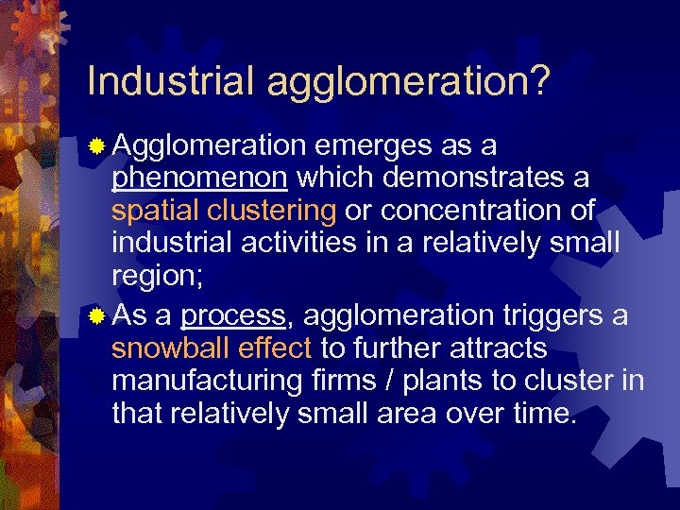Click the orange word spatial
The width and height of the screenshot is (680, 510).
click(x=153, y=211)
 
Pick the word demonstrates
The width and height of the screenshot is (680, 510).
click(x=490, y=178)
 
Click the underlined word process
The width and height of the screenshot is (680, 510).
click(x=232, y=316)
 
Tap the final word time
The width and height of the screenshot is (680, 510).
click(x=541, y=414)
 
